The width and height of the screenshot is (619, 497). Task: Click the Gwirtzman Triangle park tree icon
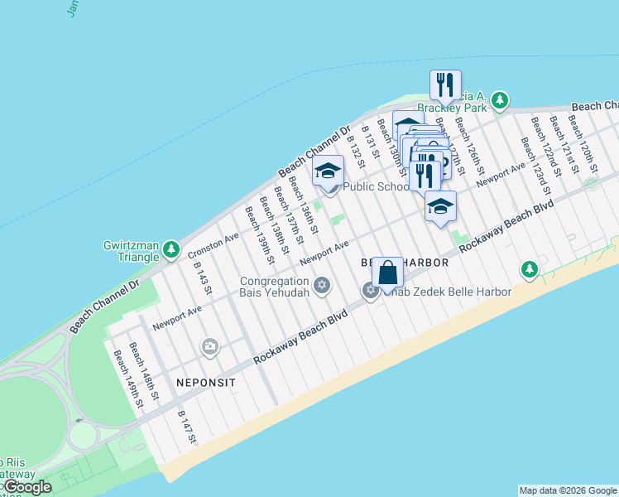point(170,248)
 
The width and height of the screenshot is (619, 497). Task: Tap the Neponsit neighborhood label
point(206,383)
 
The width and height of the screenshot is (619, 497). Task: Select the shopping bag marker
point(387,273)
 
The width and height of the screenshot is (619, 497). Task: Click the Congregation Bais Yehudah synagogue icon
point(322,286)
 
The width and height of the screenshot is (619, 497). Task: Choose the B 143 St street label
point(204,279)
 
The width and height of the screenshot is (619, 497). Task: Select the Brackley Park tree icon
point(499,101)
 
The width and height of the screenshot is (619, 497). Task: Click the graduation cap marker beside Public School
point(329,172)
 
